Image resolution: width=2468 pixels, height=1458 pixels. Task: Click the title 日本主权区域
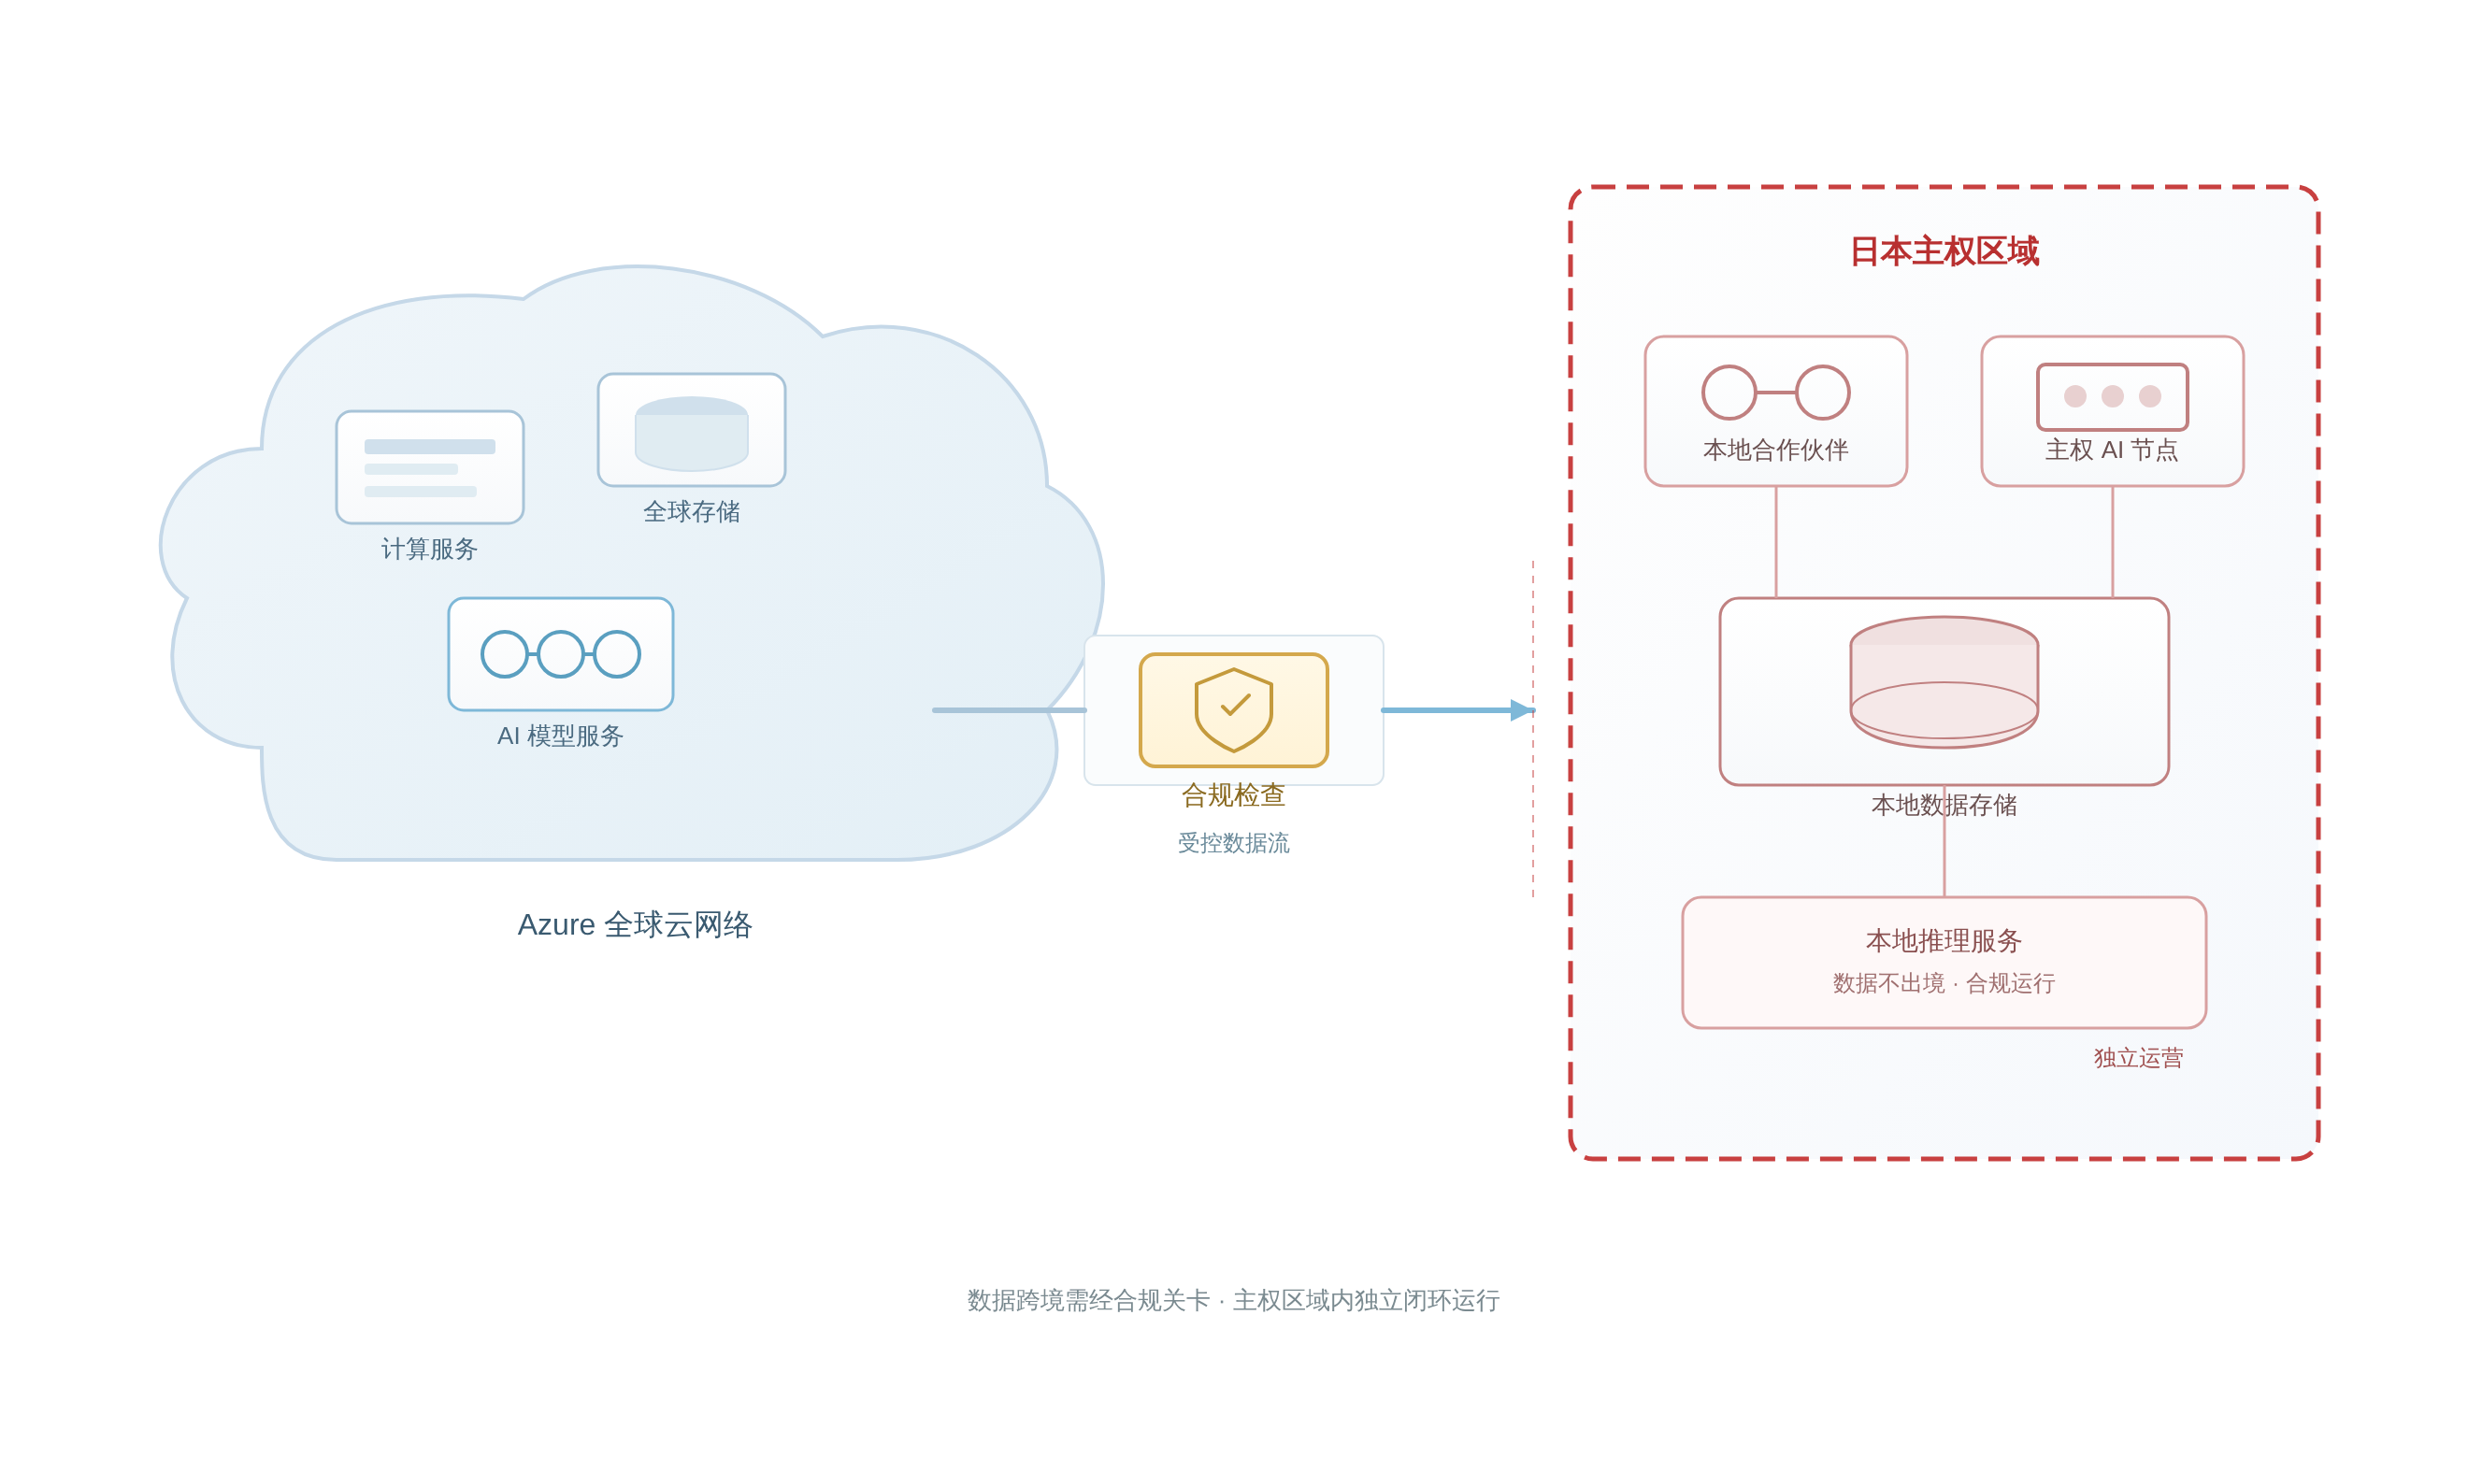tap(1944, 251)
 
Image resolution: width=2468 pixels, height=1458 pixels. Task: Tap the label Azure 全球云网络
tap(635, 924)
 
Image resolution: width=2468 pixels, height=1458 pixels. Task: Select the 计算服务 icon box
tap(429, 466)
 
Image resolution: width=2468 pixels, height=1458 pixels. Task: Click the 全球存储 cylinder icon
tap(692, 434)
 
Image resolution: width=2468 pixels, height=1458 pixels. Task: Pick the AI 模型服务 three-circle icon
tap(560, 654)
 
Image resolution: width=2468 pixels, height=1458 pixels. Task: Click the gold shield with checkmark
tap(1233, 709)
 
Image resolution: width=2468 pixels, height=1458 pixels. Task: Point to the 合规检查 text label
tap(1233, 794)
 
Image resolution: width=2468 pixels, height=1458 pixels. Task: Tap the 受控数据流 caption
tap(1233, 843)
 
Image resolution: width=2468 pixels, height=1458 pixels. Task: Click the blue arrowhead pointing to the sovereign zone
tap(1522, 709)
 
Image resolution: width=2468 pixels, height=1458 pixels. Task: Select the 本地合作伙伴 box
tap(1775, 410)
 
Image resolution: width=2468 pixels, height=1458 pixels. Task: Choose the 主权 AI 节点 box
tap(2113, 410)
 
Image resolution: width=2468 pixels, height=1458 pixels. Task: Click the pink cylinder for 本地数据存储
tap(1944, 682)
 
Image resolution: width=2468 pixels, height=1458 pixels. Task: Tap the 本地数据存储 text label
tap(1944, 806)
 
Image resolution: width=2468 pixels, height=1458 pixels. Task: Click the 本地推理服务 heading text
tap(1944, 941)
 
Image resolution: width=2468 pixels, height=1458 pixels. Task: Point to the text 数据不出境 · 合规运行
tap(1944, 983)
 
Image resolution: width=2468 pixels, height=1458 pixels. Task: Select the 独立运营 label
tap(2138, 1058)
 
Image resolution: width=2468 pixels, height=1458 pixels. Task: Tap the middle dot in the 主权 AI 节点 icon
tap(2113, 396)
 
